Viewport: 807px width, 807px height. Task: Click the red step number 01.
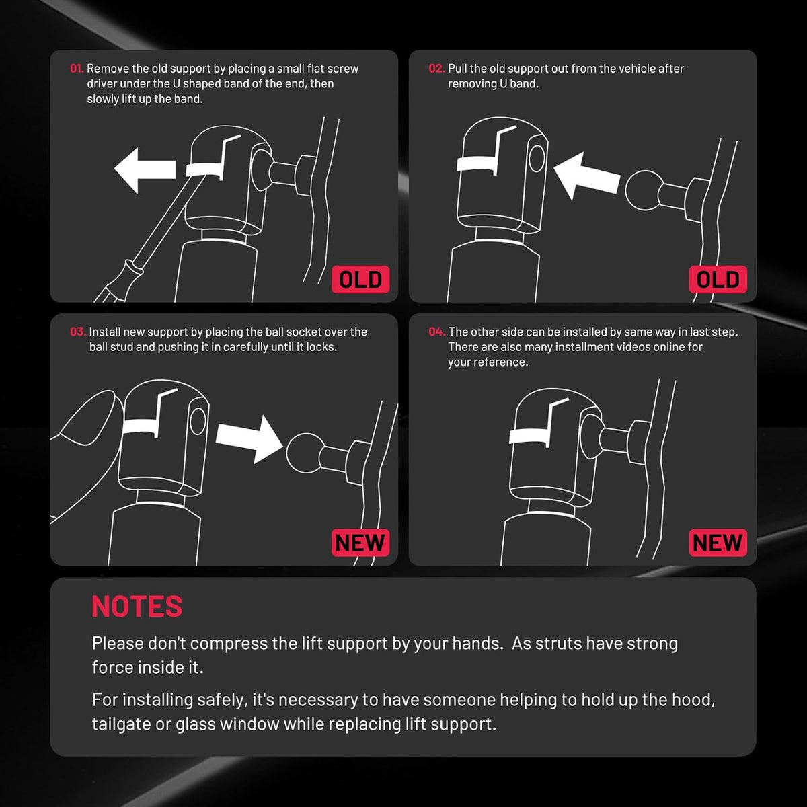(x=77, y=69)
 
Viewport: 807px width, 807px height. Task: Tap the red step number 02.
(x=436, y=69)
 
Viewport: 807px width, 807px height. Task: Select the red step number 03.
(x=78, y=332)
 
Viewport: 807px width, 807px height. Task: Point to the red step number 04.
(x=437, y=332)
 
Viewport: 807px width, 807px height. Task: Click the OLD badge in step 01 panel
(x=360, y=279)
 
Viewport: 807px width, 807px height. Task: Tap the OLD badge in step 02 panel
(x=718, y=279)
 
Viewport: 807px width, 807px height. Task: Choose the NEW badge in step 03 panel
(x=360, y=543)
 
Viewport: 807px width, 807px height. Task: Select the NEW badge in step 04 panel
(x=718, y=543)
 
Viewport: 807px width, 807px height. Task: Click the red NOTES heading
(x=137, y=607)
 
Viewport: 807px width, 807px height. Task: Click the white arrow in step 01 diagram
(x=145, y=170)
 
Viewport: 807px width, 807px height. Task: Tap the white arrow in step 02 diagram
(x=586, y=176)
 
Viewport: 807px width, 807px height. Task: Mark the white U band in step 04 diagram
(x=529, y=436)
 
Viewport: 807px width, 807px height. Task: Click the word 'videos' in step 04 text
(x=617, y=347)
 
